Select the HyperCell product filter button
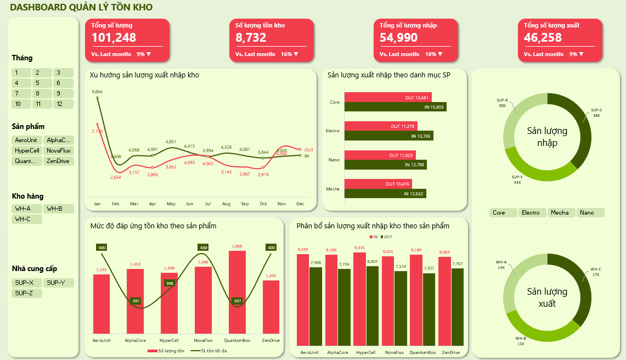click(x=26, y=150)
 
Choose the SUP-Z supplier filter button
click(x=26, y=293)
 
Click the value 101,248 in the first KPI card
click(x=114, y=37)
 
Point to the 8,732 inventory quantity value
click(x=251, y=37)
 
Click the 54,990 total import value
click(x=398, y=37)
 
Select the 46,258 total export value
click(x=543, y=37)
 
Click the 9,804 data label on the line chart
click(x=97, y=92)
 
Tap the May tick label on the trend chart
click(x=171, y=204)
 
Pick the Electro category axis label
click(x=332, y=131)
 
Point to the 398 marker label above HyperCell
click(x=170, y=283)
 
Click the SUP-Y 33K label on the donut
click(x=517, y=179)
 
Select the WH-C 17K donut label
click(x=595, y=272)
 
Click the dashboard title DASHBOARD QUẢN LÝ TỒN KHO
click(x=81, y=7)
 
